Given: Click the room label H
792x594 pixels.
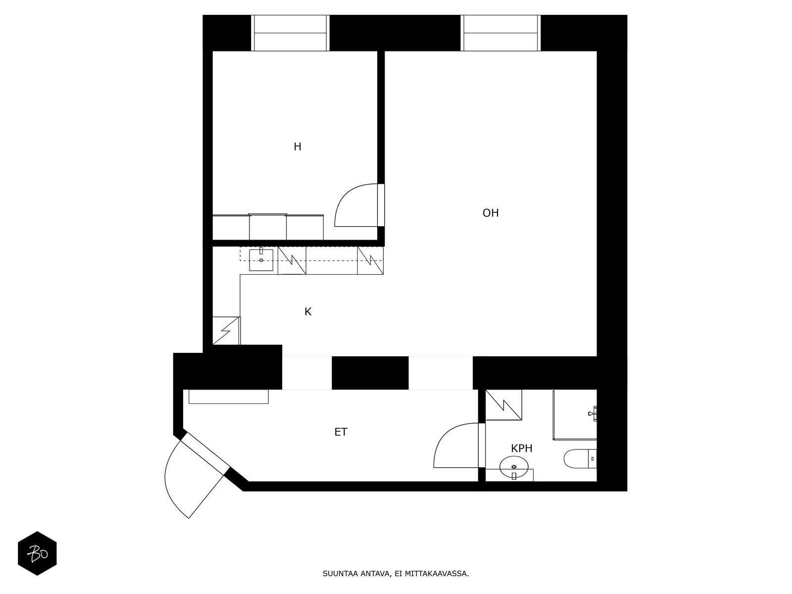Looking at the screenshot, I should (297, 147).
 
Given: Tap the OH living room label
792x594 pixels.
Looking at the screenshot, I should (491, 213).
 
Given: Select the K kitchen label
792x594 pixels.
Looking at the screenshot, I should (308, 312).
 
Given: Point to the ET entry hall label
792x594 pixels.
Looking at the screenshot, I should (341, 432).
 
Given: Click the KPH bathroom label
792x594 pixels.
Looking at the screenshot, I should (522, 449).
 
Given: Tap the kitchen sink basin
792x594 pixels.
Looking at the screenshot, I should (261, 260).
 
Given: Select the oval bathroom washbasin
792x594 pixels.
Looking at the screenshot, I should (514, 467).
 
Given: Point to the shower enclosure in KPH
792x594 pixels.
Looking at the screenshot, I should (574, 414).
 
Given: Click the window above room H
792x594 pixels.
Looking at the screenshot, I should (290, 33).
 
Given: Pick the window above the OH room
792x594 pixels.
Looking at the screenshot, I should (500, 33).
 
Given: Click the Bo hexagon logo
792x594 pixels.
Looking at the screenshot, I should (37, 553).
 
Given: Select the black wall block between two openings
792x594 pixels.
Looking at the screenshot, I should (370, 373).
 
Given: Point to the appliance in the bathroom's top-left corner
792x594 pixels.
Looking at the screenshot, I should (504, 404).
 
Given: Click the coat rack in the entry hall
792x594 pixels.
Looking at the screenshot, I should (229, 396).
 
